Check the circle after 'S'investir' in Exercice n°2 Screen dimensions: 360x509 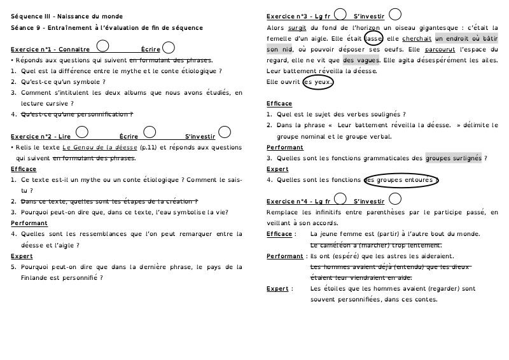pos(223,134)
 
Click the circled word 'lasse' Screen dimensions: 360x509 pos(373,38)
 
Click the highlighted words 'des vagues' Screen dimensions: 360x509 pos(361,60)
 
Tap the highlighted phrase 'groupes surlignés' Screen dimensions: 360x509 pos(454,158)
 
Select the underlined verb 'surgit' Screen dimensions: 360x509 pos(297,27)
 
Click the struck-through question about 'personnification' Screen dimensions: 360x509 pos(77,114)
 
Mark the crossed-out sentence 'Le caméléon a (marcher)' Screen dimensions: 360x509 pos(376,246)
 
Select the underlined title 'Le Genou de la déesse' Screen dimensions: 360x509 pos(99,148)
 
